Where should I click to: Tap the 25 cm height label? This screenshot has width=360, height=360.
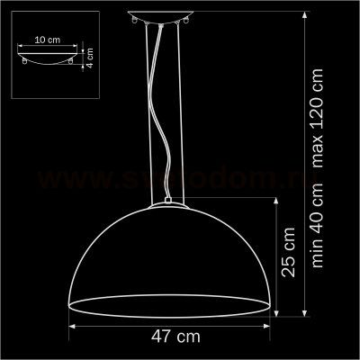coord(288,257)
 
